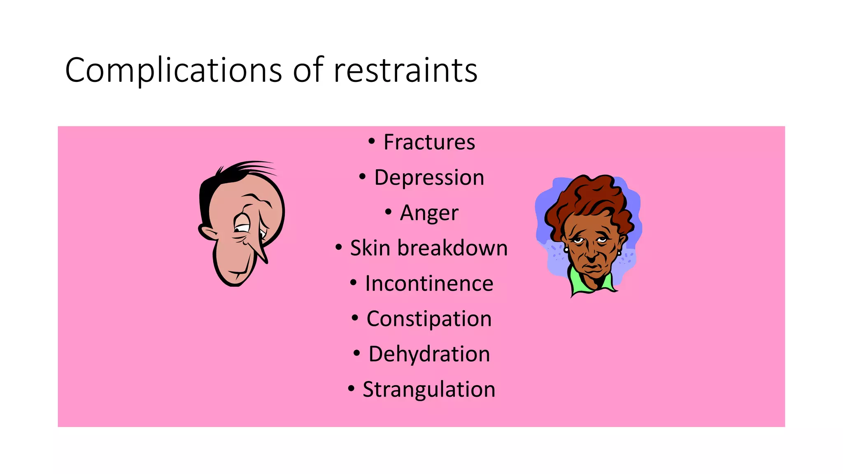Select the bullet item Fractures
click(x=429, y=142)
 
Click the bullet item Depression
click(x=429, y=178)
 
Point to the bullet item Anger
click(x=429, y=213)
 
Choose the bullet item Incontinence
click(x=429, y=283)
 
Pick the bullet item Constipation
click(x=429, y=319)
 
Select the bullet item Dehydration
click(x=429, y=354)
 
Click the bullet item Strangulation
click(x=429, y=390)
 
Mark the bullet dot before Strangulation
click(x=351, y=389)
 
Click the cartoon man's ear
click(x=208, y=232)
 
